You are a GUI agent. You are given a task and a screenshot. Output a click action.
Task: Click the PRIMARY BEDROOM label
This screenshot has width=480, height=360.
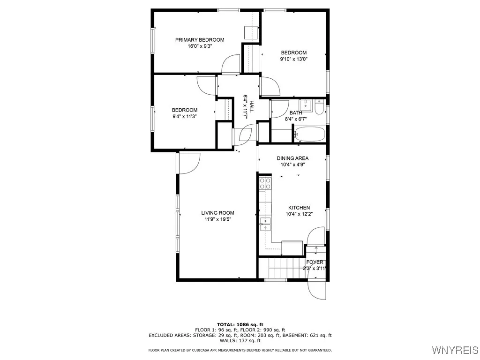200,40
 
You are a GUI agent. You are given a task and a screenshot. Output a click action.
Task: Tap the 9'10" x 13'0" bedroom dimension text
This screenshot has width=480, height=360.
293,59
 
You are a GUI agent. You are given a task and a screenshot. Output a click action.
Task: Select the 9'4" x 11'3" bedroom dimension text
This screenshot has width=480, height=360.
184,116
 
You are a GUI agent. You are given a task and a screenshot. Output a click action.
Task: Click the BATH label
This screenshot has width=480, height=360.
296,113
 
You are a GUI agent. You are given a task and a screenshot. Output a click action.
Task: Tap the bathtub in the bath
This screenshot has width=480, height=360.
309,135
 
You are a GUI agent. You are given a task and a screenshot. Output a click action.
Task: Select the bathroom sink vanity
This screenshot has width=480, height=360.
306,104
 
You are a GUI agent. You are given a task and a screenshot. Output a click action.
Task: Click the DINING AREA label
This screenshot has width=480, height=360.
292,158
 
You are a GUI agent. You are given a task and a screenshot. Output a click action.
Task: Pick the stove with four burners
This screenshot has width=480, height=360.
265,183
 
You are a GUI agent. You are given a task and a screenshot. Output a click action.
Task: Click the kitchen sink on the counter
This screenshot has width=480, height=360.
265,223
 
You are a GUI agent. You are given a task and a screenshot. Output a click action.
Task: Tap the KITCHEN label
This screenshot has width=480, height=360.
299,208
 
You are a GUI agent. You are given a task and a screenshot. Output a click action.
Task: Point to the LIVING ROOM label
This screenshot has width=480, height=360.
218,213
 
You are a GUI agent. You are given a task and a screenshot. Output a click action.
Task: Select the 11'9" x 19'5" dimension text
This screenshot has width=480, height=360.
218,219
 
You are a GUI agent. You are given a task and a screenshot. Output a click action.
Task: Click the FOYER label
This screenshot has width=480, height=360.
315,262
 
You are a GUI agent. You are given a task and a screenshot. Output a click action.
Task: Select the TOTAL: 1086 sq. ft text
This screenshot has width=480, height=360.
240,324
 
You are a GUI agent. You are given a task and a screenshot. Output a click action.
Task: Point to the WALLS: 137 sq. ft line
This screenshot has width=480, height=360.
240,341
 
